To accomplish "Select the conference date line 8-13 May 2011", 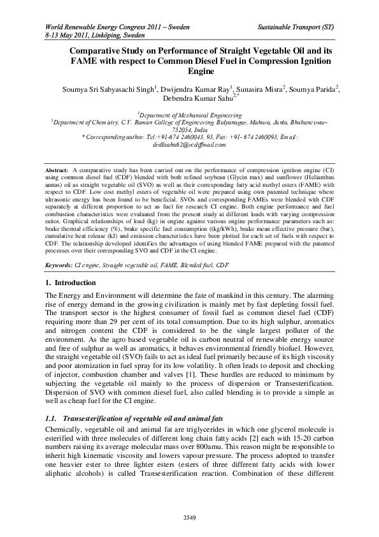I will pos(85,37).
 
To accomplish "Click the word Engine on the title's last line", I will pos(189,73).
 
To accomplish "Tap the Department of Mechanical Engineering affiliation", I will pos(190,114).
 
